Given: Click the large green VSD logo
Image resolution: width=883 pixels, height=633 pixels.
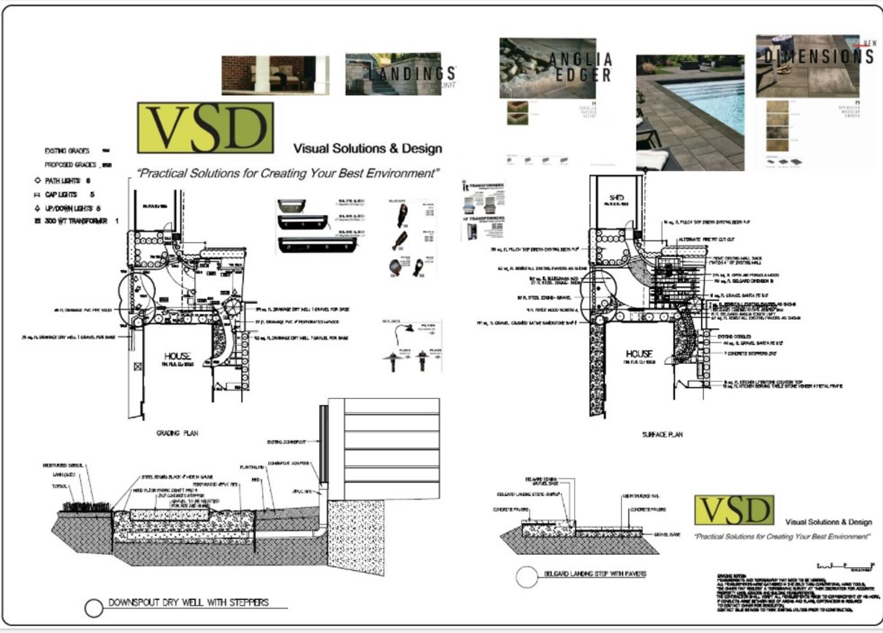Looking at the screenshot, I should [206, 128].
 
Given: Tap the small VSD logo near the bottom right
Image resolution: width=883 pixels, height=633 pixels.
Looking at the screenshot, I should [734, 510].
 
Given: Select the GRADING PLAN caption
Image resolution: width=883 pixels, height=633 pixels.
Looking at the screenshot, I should [177, 433].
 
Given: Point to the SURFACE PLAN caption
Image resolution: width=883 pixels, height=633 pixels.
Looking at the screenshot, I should [662, 435].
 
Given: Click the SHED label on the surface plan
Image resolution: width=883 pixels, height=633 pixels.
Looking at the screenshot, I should [616, 197].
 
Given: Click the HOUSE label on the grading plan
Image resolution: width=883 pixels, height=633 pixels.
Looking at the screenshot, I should [178, 356].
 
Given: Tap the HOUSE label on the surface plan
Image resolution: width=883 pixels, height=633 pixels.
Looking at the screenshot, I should [639, 354].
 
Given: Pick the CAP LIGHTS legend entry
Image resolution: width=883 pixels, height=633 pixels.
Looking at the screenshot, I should [61, 195].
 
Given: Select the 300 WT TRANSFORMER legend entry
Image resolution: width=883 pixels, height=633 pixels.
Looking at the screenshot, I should [76, 221].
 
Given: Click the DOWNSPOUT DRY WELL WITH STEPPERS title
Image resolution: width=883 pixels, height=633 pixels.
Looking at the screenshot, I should [188, 603].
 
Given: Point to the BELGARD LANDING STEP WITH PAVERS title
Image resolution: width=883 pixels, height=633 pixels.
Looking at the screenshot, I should [595, 574].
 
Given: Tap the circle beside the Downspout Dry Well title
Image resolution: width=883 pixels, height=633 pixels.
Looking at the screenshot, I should [94, 608].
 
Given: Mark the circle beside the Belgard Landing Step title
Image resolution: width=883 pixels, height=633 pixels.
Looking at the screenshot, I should [527, 577].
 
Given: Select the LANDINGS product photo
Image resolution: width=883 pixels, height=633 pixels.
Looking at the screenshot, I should [393, 74].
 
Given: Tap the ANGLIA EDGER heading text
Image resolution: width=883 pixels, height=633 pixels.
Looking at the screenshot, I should [582, 67].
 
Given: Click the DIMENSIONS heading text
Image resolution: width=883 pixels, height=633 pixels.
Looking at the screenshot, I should [819, 57].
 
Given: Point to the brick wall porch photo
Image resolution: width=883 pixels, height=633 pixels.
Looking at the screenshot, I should [275, 75].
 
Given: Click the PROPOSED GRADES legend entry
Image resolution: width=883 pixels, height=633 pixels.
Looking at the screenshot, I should [70, 165].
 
